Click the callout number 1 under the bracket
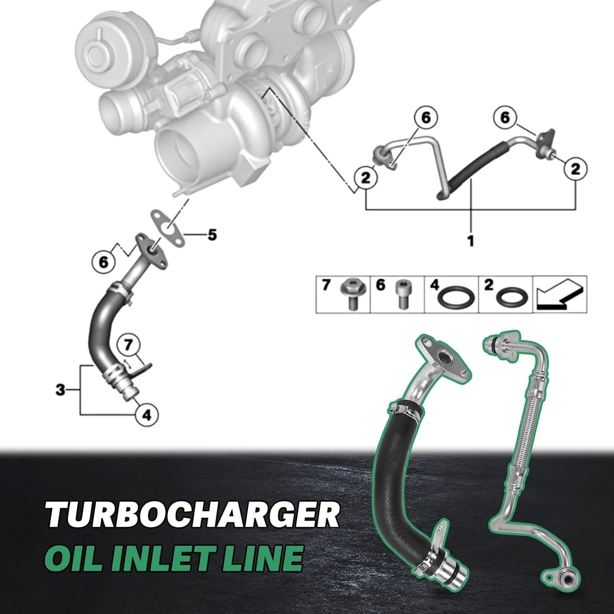[471, 240]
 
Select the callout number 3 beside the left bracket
[61, 389]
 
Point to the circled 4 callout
[146, 414]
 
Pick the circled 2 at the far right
[576, 169]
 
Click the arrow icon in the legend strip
[559, 293]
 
